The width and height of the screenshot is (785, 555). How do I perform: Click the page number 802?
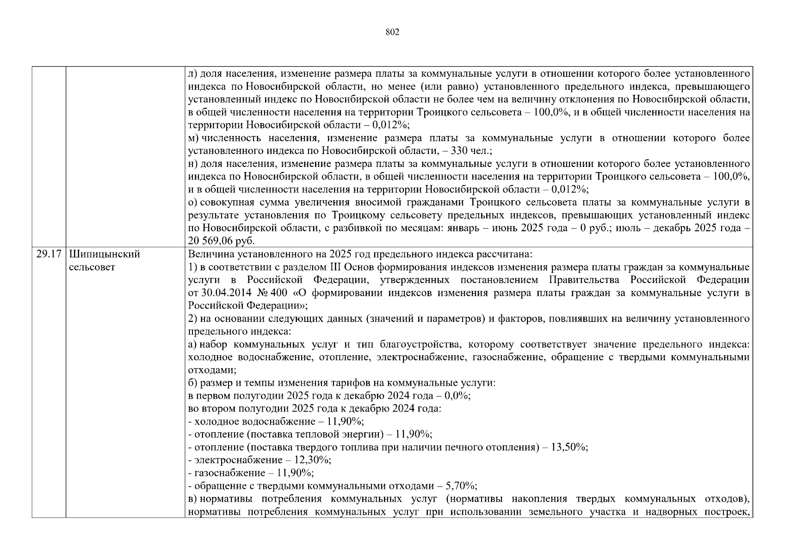pos(392,32)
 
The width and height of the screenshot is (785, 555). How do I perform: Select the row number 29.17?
pos(49,254)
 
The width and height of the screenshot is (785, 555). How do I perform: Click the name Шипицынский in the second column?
pos(104,254)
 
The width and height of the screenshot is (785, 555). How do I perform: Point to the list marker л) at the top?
pos(192,74)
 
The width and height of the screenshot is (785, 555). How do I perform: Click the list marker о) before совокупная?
pos(193,203)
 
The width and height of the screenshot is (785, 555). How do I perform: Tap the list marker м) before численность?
pos(193,138)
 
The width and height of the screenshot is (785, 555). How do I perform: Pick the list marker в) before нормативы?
pos(192,499)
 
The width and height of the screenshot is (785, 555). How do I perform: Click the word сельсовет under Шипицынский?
pos(92,267)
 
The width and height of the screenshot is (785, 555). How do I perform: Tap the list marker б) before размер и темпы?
pos(193,383)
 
